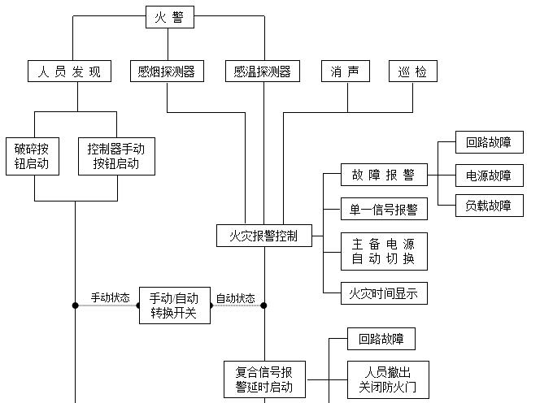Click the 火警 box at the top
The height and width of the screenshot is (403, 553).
click(170, 17)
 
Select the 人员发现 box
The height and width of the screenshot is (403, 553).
click(68, 71)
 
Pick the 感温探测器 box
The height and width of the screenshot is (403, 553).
click(263, 71)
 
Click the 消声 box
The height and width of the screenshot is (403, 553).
click(345, 71)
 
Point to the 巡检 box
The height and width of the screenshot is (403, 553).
click(412, 71)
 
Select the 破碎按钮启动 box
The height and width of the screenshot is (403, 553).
click(33, 156)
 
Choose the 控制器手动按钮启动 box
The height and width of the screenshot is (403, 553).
click(116, 156)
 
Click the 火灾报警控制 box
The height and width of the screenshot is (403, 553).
click(263, 236)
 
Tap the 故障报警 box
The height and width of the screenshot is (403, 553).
click(384, 175)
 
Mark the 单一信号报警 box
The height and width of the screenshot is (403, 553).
click(384, 209)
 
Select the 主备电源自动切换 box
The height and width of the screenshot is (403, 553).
click(384, 251)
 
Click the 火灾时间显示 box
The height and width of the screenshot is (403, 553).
click(384, 293)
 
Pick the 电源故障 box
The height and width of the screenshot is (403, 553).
click(489, 175)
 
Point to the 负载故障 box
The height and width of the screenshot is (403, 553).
click(489, 206)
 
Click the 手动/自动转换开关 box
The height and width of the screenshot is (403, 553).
click(174, 305)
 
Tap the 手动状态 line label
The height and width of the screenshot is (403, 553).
click(110, 298)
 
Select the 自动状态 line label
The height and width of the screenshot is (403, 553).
click(235, 298)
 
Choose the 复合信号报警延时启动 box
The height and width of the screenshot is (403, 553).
click(264, 379)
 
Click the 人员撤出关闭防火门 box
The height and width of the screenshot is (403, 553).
click(388, 379)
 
